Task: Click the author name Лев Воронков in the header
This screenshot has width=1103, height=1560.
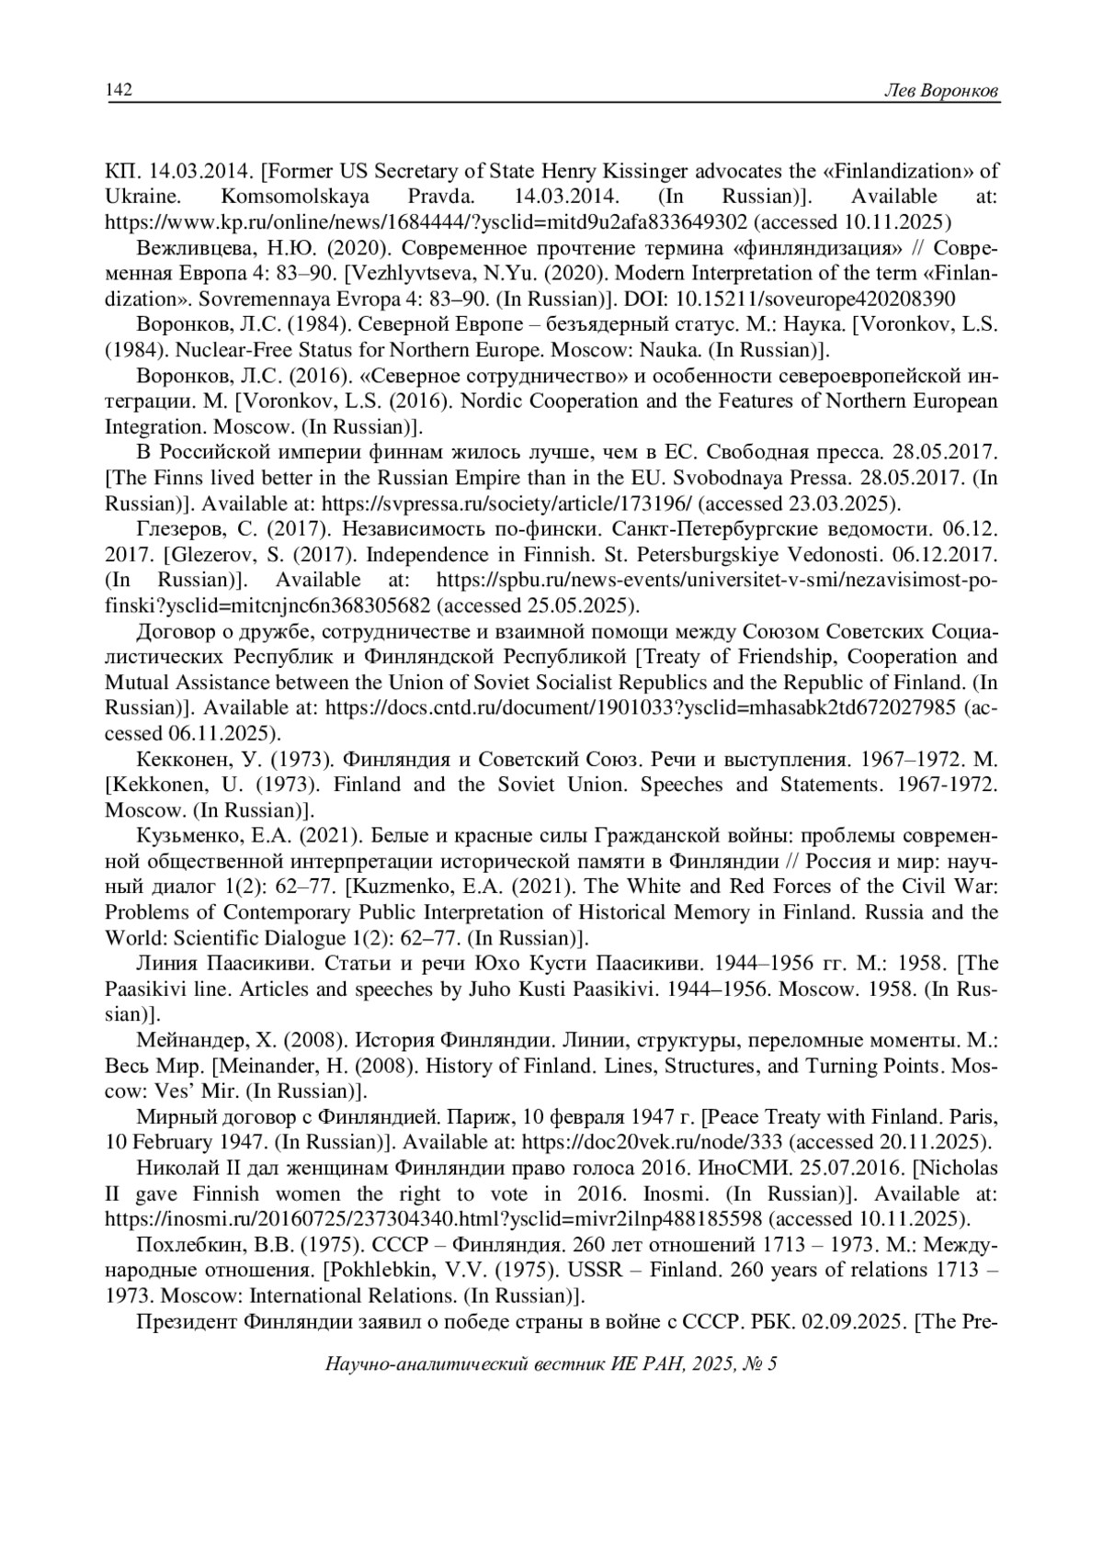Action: coord(940,90)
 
